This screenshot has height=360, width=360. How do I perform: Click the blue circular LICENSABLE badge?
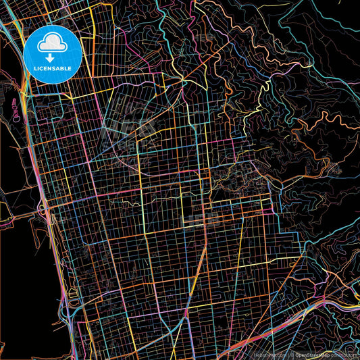[x=52, y=54]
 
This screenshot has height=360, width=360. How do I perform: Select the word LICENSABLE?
[x=52, y=68]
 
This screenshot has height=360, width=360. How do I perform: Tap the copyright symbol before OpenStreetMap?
[x=292, y=354]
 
